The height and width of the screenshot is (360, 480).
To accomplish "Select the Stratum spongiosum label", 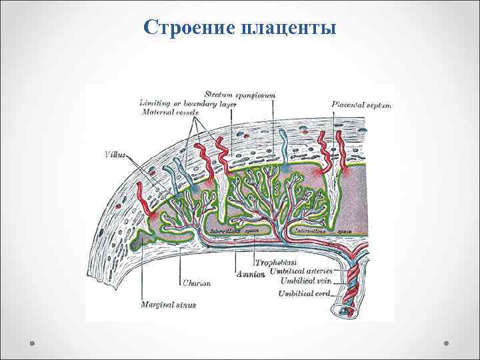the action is [x=240, y=95].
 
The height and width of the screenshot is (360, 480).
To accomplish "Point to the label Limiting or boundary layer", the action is [x=178, y=103].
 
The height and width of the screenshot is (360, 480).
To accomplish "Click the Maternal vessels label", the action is [x=170, y=112].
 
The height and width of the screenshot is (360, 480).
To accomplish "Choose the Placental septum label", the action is [x=361, y=105].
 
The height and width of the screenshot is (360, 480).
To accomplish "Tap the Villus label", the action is [x=115, y=154].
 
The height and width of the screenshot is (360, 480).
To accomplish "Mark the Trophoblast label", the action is [x=276, y=263].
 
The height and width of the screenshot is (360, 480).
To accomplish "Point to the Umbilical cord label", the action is [x=305, y=293].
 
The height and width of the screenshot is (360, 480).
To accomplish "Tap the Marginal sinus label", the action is [x=163, y=305].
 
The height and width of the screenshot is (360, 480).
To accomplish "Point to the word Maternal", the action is [x=158, y=112].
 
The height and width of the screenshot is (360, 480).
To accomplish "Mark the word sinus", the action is [x=178, y=305].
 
